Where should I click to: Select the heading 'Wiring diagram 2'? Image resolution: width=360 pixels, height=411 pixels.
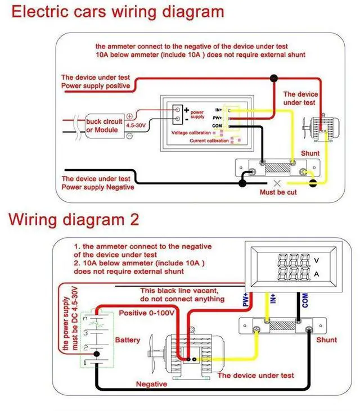click(x=73, y=219)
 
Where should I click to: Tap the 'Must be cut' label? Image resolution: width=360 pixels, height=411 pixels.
click(x=278, y=192)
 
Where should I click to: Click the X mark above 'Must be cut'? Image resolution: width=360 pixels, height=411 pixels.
click(x=276, y=183)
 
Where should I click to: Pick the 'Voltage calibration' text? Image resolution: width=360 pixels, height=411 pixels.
click(x=191, y=133)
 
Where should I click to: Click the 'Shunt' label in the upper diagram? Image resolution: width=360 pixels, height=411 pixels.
click(x=310, y=153)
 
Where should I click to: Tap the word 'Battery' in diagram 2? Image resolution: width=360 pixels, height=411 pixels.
click(x=128, y=341)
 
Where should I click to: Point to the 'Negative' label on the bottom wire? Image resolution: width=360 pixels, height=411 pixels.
click(x=151, y=384)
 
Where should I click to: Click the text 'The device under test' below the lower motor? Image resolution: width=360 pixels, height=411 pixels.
click(x=255, y=375)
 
